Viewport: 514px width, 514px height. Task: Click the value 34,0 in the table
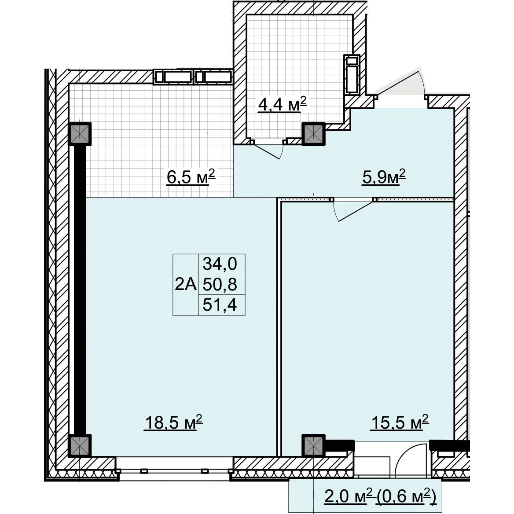pyautogui.click(x=220, y=264)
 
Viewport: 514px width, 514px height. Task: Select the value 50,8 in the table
pyautogui.click(x=220, y=285)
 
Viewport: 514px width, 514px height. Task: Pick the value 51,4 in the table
pyautogui.click(x=220, y=305)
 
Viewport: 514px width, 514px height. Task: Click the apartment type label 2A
pyautogui.click(x=186, y=285)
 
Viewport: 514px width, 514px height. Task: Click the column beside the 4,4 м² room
pyautogui.click(x=313, y=134)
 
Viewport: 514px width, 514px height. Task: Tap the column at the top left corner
pyautogui.click(x=80, y=134)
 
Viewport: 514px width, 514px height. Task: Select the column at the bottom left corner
pyautogui.click(x=80, y=446)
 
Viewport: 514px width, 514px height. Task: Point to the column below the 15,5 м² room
pyautogui.click(x=313, y=446)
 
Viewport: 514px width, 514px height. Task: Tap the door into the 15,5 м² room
pyautogui.click(x=353, y=210)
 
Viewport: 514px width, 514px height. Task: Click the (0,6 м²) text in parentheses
pyautogui.click(x=407, y=497)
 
